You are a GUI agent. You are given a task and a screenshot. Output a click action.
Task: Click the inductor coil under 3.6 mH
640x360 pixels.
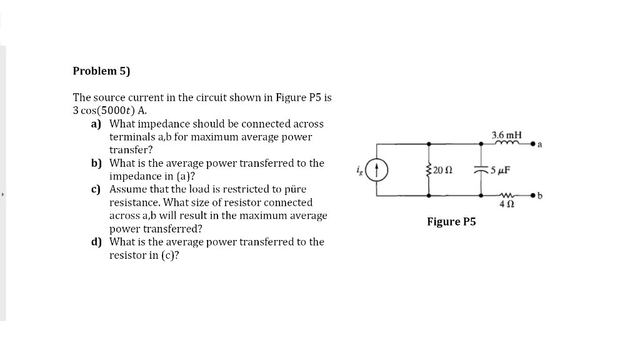[x=507, y=142]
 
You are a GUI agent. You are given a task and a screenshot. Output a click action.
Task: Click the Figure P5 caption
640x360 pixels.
[x=451, y=222]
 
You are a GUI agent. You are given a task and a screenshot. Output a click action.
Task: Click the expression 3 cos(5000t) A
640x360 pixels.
[x=110, y=111]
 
